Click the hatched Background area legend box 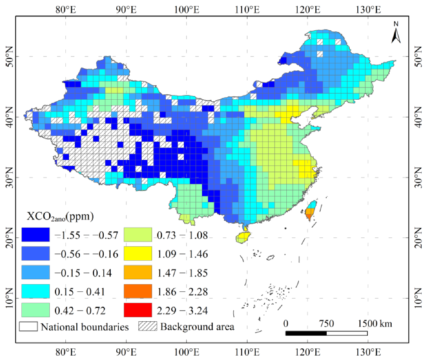148,326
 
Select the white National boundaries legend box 28,326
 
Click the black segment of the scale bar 306,333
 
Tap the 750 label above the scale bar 326,324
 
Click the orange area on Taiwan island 309,213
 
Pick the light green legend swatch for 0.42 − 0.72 36,310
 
